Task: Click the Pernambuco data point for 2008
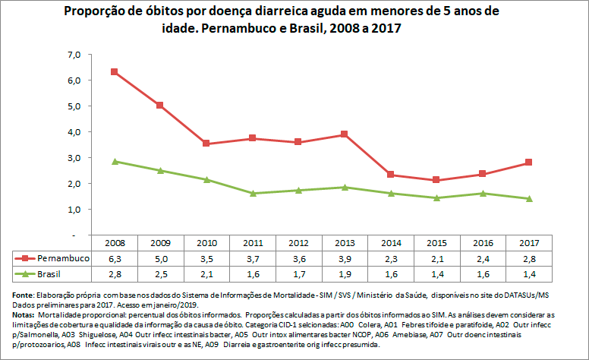114,71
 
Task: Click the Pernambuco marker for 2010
206,144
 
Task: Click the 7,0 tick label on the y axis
74,55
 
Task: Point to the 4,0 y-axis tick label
74,132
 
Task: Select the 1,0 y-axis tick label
74,210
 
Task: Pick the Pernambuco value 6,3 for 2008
114,258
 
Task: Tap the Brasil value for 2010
206,273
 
